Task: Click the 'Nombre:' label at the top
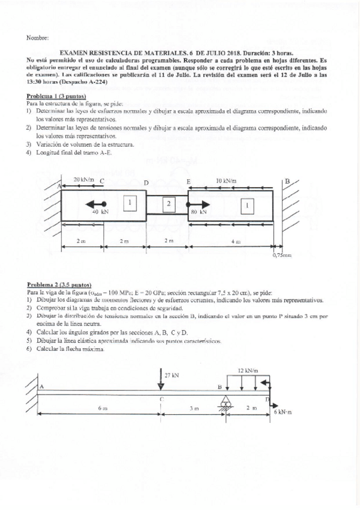tap(37, 38)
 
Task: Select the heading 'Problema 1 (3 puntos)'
tap(56, 96)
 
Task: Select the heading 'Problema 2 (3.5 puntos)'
tap(59, 283)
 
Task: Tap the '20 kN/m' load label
tap(84, 180)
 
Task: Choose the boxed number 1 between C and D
tap(128, 203)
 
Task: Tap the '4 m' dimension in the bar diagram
tap(237, 241)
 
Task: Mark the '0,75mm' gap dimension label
tap(282, 255)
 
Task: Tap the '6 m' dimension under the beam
tap(102, 408)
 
